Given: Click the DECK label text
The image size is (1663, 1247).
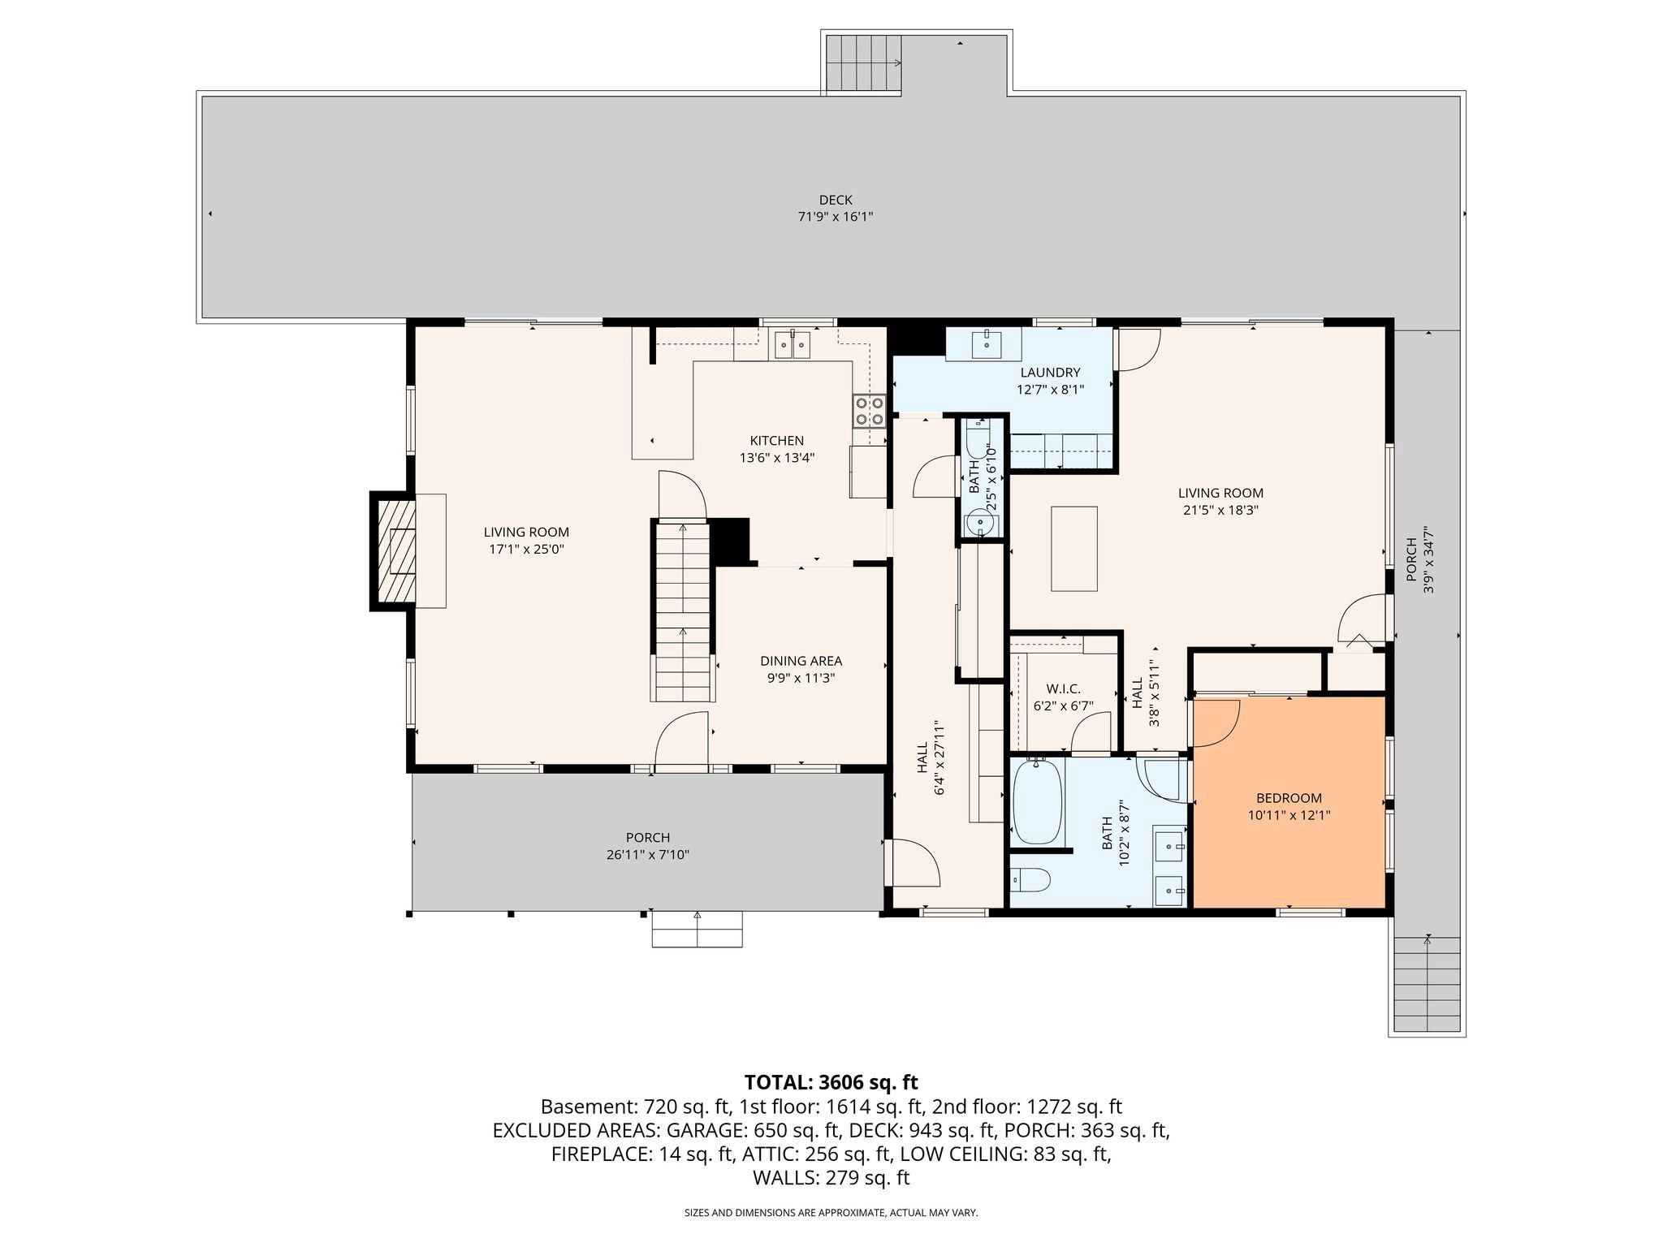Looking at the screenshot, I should pos(835,200).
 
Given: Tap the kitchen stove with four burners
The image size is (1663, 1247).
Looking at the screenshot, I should pos(868,411).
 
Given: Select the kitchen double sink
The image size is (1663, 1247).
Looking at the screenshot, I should pos(791,345).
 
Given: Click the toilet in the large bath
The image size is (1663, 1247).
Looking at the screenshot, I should pos(1032,878).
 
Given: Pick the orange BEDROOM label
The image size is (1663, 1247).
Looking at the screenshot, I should pos(1289,798).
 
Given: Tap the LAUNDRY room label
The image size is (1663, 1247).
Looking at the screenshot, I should pos(1050,373).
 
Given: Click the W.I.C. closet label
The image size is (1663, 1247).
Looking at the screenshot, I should pos(1063,689).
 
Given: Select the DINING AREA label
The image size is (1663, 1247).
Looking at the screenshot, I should pos(801,661).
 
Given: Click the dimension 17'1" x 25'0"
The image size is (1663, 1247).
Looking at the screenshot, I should pos(526,550).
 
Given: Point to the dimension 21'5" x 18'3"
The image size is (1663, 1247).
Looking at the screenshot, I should pos(1220,511).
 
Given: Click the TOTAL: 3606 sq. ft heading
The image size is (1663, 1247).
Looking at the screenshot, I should pos(831,1082).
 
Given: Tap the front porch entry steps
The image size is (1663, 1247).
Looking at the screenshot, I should pos(697,930).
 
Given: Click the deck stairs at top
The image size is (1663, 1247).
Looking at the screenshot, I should pos(863,63).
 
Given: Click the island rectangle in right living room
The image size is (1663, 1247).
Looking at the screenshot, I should pos(1073,549).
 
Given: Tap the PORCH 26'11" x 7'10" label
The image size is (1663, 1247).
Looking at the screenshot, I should pos(648,846).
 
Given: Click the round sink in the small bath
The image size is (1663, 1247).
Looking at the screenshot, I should pos(981,524).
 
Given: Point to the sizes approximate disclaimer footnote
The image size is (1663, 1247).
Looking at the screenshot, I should pos(831,1213).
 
